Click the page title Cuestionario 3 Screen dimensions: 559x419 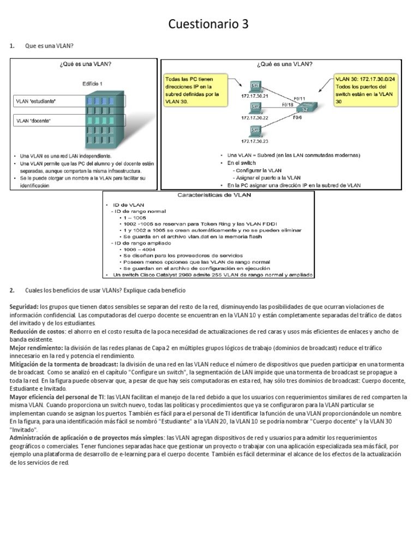pos(209,24)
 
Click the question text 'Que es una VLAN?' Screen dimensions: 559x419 pos(49,46)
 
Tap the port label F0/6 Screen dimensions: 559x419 pos(297,117)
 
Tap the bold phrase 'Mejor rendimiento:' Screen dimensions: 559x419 pos(36,347)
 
